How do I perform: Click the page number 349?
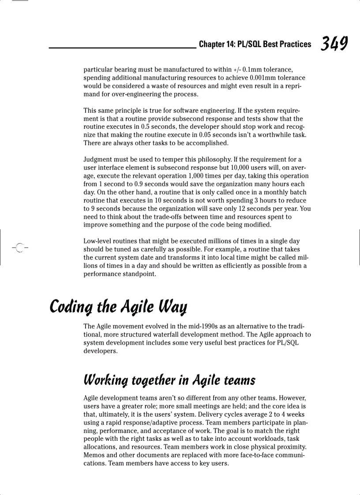pos(334,44)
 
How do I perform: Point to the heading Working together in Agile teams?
pos(169,380)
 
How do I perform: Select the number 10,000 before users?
pos(238,167)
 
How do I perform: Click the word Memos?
pos(94,455)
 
